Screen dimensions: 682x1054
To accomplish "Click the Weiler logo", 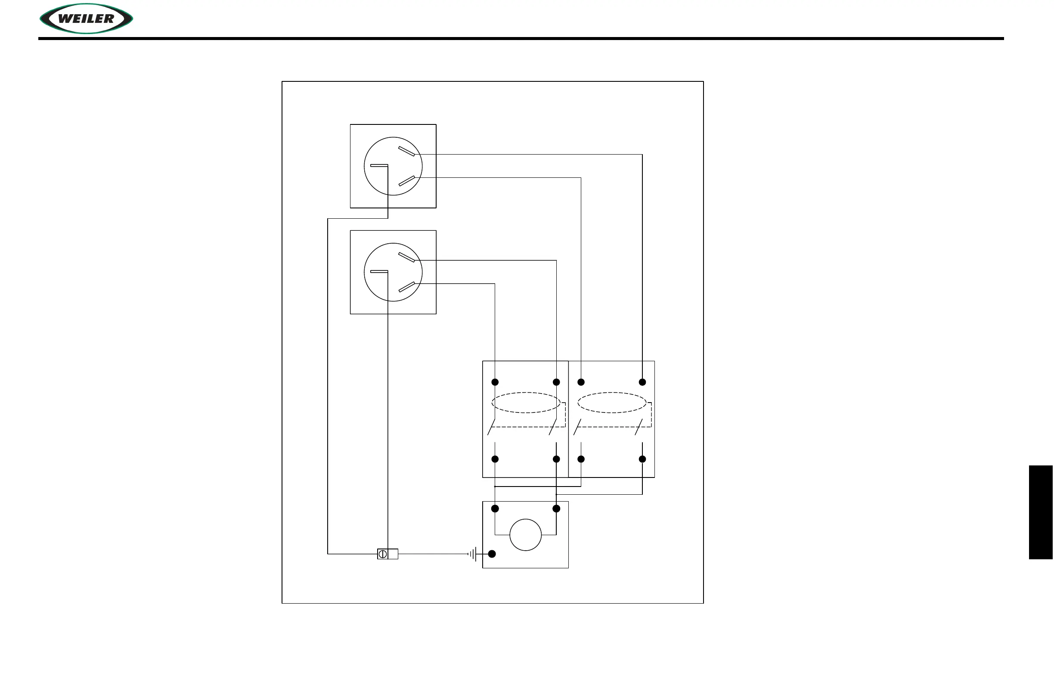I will click(87, 19).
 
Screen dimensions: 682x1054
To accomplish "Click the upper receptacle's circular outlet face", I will click(393, 166).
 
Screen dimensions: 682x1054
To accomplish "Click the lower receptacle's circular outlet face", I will click(393, 272).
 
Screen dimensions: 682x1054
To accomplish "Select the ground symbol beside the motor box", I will click(473, 554).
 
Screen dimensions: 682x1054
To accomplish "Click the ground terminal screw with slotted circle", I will click(383, 554).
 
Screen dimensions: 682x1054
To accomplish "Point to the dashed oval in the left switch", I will click(526, 403).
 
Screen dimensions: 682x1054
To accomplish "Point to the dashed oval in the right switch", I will click(611, 403).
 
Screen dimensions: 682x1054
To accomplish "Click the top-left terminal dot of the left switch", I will click(495, 382).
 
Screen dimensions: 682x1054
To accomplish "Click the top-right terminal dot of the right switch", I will click(642, 382).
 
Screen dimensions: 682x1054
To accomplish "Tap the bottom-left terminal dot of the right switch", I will click(581, 459).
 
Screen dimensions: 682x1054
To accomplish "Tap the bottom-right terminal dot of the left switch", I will click(556, 459).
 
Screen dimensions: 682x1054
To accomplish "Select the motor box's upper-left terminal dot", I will click(495, 508).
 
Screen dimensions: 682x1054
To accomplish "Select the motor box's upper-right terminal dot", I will click(556, 508).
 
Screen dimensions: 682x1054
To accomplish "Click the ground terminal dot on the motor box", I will click(492, 554).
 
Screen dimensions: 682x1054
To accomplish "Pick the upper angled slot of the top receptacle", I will click(406, 151).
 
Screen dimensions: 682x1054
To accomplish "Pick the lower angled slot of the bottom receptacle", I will click(406, 287).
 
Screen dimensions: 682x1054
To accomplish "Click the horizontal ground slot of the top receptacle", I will click(379, 165).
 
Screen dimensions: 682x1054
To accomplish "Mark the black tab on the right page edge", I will click(1041, 512).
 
